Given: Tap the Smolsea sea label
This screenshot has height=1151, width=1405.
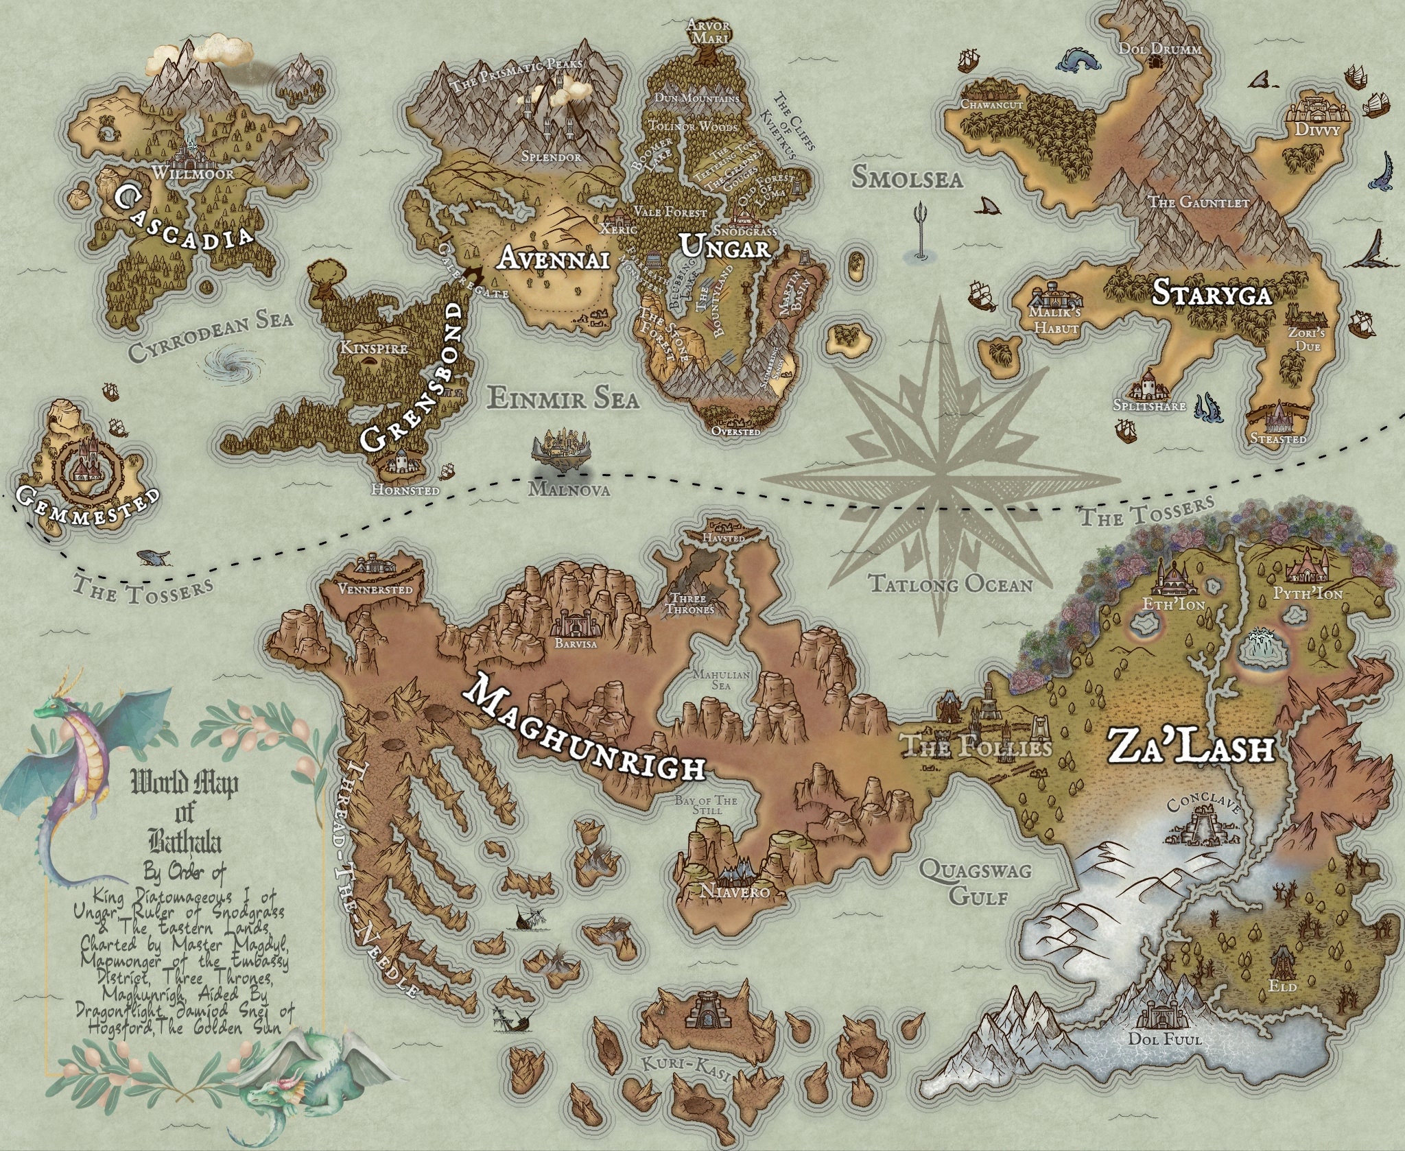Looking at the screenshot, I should point(907,177).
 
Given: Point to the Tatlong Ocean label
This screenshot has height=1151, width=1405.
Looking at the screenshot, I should point(950,584).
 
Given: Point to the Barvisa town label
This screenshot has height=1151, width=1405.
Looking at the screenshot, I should point(576,644).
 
